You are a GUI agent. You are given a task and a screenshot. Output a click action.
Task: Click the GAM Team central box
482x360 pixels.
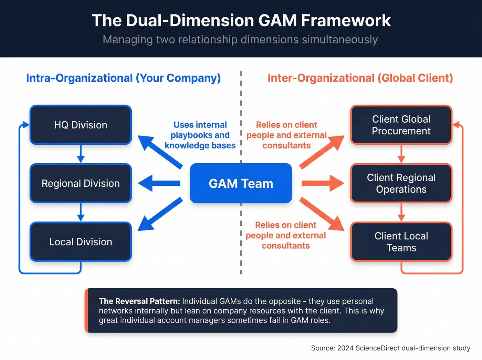[241, 183]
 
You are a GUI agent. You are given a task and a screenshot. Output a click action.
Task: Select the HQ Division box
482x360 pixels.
[81, 125]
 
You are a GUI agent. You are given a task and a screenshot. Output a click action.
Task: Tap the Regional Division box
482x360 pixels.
[81, 183]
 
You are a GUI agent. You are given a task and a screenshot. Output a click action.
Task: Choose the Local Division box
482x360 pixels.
[81, 241]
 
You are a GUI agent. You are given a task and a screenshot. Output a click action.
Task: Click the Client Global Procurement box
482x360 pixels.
[401, 125]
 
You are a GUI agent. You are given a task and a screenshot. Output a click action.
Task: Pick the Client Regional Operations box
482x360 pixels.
[401, 183]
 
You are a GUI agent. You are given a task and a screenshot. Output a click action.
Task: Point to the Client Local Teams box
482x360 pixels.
[401, 241]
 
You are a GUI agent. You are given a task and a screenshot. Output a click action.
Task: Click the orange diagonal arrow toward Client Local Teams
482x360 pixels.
[322, 214]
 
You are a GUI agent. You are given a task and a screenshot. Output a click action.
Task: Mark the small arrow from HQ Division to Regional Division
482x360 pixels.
[81, 154]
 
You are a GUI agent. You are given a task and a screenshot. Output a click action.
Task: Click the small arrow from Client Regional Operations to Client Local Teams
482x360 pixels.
[401, 212]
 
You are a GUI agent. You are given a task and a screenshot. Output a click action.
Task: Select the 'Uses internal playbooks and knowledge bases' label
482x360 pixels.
[200, 135]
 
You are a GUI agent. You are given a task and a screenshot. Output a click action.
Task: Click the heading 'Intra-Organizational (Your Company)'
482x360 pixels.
[123, 78]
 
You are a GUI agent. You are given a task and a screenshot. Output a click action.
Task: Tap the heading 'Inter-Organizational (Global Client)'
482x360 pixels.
[360, 78]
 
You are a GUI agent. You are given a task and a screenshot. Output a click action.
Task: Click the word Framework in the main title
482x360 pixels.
[346, 21]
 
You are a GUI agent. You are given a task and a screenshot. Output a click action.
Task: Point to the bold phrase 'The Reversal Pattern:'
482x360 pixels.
[139, 301]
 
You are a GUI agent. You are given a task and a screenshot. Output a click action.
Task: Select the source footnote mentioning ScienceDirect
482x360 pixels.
[390, 348]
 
